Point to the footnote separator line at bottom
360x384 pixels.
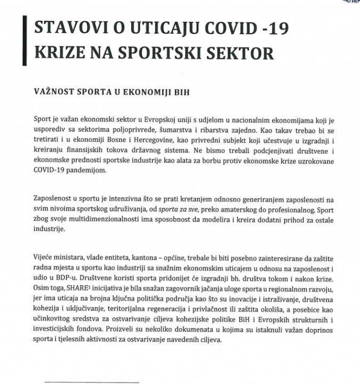coord(91,381)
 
